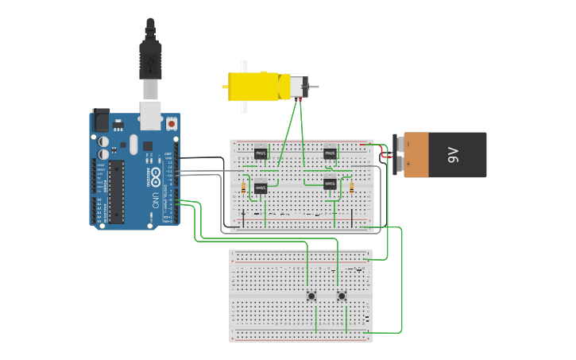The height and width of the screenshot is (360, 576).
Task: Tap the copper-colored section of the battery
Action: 417,155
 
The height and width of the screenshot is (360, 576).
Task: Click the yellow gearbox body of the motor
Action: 254,86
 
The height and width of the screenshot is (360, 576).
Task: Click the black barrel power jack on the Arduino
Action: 102,121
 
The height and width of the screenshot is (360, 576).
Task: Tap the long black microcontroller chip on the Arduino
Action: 116,192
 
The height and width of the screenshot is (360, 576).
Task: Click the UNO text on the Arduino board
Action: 153,199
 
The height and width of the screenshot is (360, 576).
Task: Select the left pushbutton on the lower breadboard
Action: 311,296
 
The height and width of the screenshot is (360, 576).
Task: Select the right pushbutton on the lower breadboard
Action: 342,296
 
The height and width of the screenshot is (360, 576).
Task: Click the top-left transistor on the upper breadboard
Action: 261,153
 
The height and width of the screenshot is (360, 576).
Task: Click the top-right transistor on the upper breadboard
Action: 330,153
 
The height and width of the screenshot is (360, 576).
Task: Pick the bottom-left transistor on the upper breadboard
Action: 261,188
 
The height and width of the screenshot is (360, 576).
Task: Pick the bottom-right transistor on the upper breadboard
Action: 330,184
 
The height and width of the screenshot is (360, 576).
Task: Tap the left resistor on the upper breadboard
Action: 242,188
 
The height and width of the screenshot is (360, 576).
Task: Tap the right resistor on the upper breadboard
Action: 351,188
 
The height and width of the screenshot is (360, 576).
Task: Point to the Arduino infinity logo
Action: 154,175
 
